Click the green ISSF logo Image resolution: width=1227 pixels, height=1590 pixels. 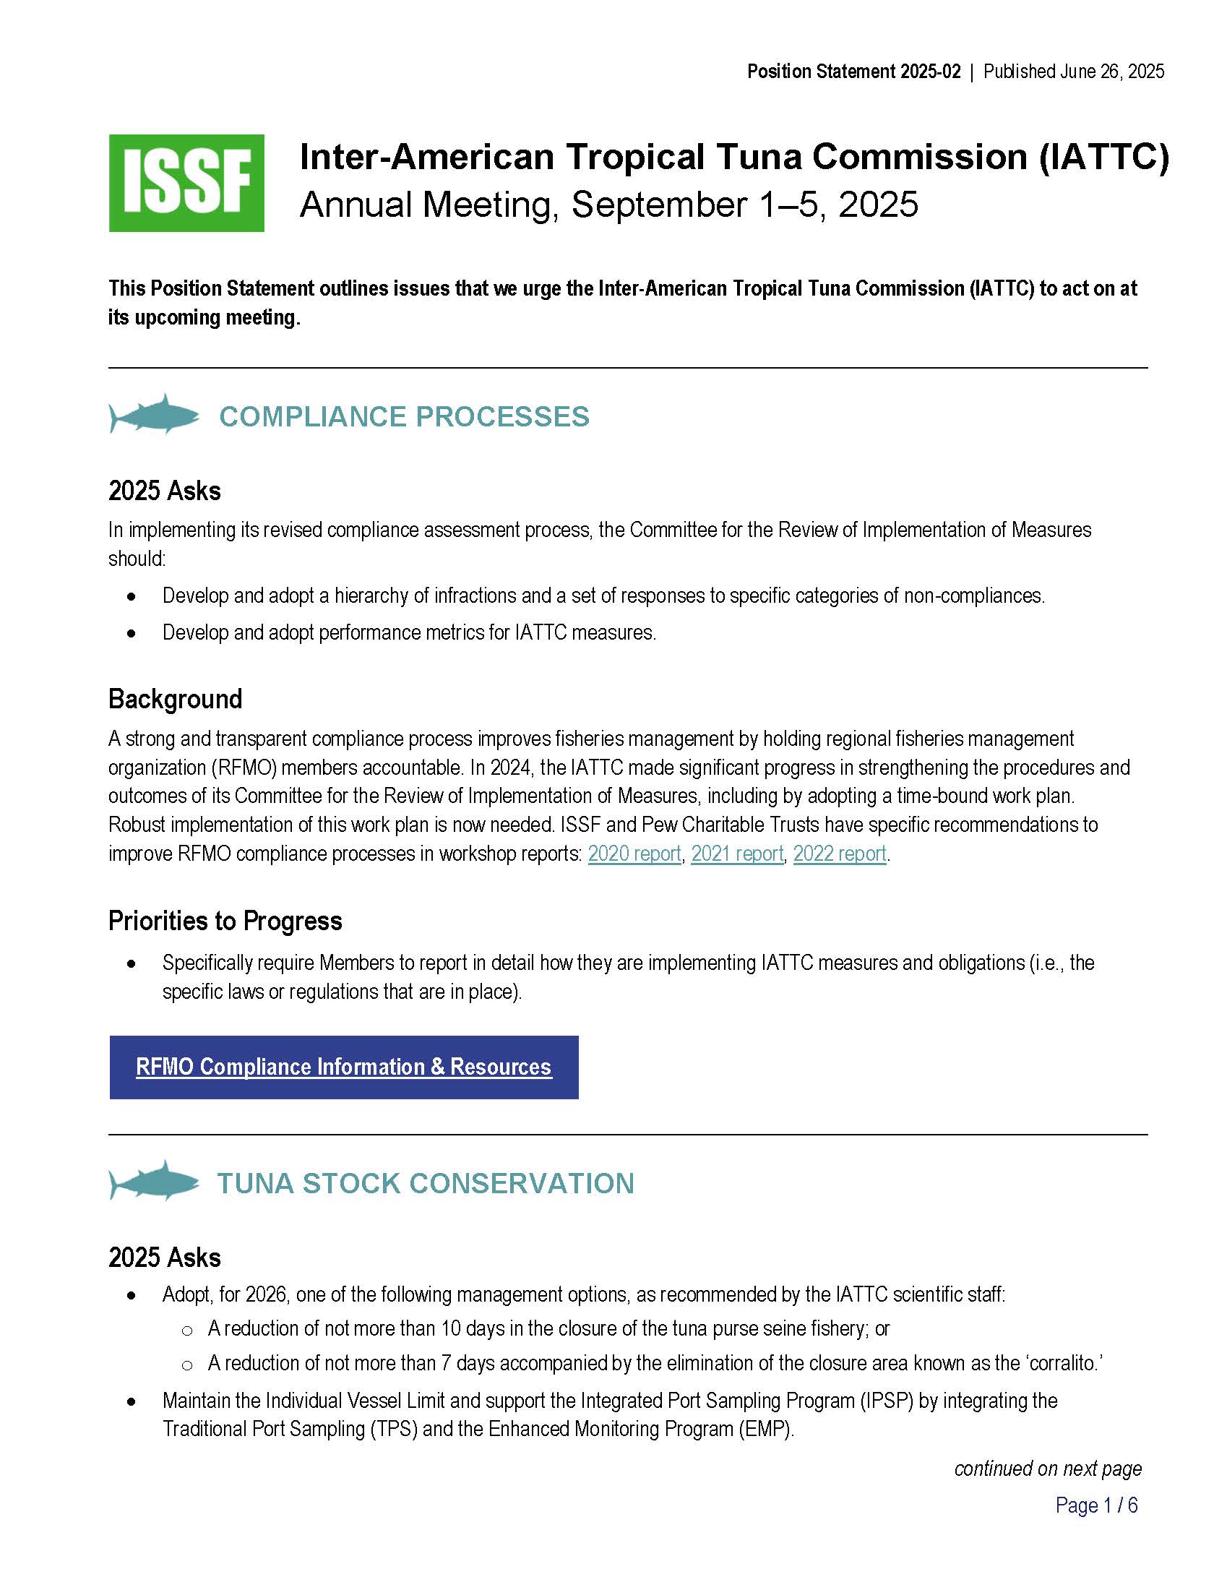point(186,183)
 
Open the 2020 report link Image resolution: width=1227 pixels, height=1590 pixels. point(634,854)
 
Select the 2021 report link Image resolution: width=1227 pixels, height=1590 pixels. point(737,854)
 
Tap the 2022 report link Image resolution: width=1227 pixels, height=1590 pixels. point(840,854)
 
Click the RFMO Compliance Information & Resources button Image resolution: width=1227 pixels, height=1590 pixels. point(343,1067)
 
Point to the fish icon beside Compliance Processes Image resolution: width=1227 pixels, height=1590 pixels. point(155,415)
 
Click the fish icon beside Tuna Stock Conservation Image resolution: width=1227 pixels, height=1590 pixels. point(155,1182)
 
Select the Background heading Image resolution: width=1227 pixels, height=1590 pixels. point(176,699)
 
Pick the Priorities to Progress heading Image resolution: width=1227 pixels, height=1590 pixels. point(225,921)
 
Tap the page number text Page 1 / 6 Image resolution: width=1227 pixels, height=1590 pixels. point(1096,1505)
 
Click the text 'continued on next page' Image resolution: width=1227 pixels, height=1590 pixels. point(1047,1469)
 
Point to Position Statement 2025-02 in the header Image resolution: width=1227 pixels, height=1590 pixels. point(853,72)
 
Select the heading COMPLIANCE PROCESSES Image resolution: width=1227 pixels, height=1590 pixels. point(404,416)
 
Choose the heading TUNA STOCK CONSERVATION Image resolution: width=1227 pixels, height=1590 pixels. point(426,1183)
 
